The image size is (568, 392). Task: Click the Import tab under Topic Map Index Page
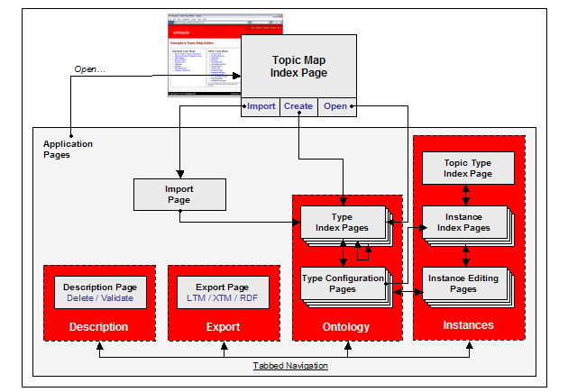click(261, 105)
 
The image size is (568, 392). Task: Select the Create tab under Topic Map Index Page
click(298, 105)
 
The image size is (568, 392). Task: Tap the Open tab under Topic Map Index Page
click(335, 105)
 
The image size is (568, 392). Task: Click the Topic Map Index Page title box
click(300, 66)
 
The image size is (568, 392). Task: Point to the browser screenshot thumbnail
click(204, 56)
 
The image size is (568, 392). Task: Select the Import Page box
click(179, 194)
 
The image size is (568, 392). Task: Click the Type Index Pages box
click(344, 222)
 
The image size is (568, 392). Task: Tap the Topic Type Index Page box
click(468, 168)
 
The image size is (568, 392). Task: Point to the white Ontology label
click(346, 327)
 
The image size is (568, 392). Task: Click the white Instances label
click(469, 324)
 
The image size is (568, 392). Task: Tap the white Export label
click(223, 326)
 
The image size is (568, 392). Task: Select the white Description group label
click(99, 326)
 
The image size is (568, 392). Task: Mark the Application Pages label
click(68, 149)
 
